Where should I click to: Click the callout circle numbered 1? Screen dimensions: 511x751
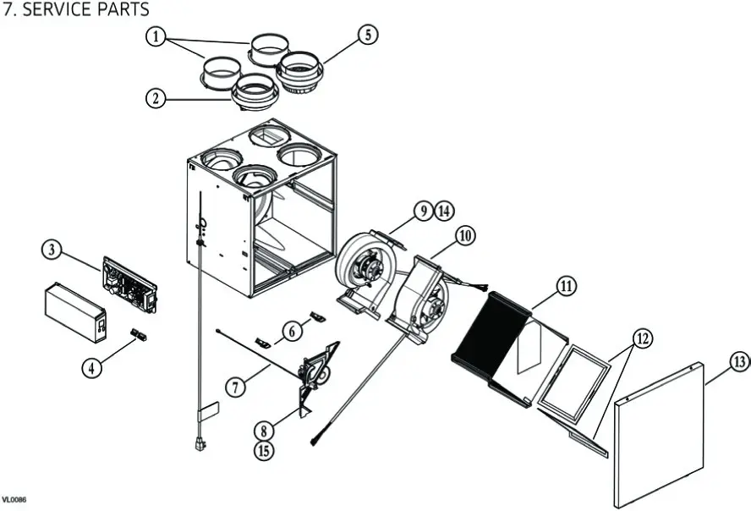tap(154, 36)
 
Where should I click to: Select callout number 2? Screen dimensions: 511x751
tap(154, 98)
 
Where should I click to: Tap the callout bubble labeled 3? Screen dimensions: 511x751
tap(53, 250)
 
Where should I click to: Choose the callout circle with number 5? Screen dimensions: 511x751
tap(366, 35)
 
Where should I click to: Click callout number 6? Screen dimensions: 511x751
tap(292, 331)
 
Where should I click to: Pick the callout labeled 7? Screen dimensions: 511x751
tap(237, 387)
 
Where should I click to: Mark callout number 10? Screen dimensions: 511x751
tap(464, 235)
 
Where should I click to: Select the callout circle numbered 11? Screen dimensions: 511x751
tap(565, 286)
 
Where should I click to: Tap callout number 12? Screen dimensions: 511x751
tap(642, 338)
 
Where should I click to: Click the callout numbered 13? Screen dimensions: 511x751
tap(738, 362)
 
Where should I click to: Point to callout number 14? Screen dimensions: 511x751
tap(445, 210)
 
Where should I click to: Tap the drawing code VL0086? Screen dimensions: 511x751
tap(14, 501)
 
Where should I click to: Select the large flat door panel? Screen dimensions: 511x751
tap(660, 431)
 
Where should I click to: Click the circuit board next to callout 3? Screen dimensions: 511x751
tap(129, 283)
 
